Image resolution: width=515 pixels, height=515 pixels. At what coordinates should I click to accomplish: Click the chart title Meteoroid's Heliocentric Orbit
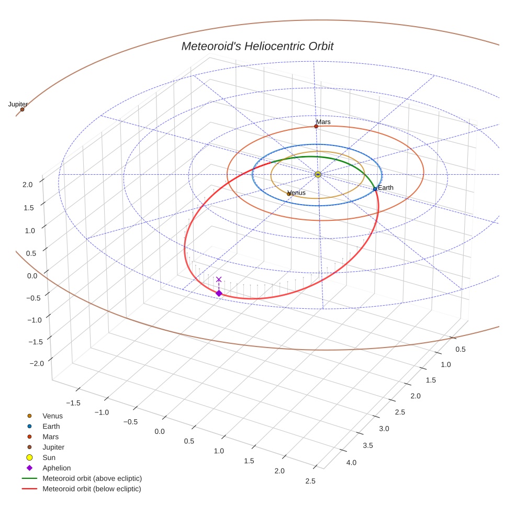click(x=257, y=46)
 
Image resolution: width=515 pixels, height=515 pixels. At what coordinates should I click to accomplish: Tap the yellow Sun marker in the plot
click(x=318, y=174)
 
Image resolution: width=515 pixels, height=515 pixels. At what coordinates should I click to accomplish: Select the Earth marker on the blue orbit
click(x=375, y=188)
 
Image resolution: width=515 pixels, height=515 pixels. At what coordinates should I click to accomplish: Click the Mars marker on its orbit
click(x=316, y=126)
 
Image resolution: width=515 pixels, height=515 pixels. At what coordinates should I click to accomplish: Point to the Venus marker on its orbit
click(x=289, y=194)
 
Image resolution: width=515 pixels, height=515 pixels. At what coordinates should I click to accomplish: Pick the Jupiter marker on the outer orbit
click(x=22, y=109)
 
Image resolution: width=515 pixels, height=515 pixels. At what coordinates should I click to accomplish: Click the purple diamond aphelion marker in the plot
click(x=219, y=293)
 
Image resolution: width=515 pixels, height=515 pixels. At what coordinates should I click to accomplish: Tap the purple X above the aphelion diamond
click(x=219, y=279)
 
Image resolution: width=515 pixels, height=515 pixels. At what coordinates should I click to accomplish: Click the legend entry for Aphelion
click(x=56, y=468)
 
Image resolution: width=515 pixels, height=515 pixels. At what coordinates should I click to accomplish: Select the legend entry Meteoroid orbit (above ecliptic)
click(x=92, y=478)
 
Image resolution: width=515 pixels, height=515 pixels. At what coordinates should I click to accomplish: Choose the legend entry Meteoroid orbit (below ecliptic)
click(x=92, y=489)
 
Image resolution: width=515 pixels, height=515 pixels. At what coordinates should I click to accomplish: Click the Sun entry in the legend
click(x=49, y=457)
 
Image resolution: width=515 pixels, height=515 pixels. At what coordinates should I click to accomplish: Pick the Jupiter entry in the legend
click(x=53, y=447)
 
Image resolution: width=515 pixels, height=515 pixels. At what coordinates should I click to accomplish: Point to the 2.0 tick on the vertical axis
click(x=28, y=184)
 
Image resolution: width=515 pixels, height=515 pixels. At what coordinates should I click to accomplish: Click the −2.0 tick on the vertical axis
click(x=25, y=363)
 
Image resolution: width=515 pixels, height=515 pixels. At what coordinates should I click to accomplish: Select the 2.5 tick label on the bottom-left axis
click(x=310, y=481)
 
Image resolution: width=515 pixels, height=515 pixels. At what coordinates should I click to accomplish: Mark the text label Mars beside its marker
click(x=323, y=122)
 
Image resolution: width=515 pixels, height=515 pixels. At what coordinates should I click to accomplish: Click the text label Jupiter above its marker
click(x=18, y=105)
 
